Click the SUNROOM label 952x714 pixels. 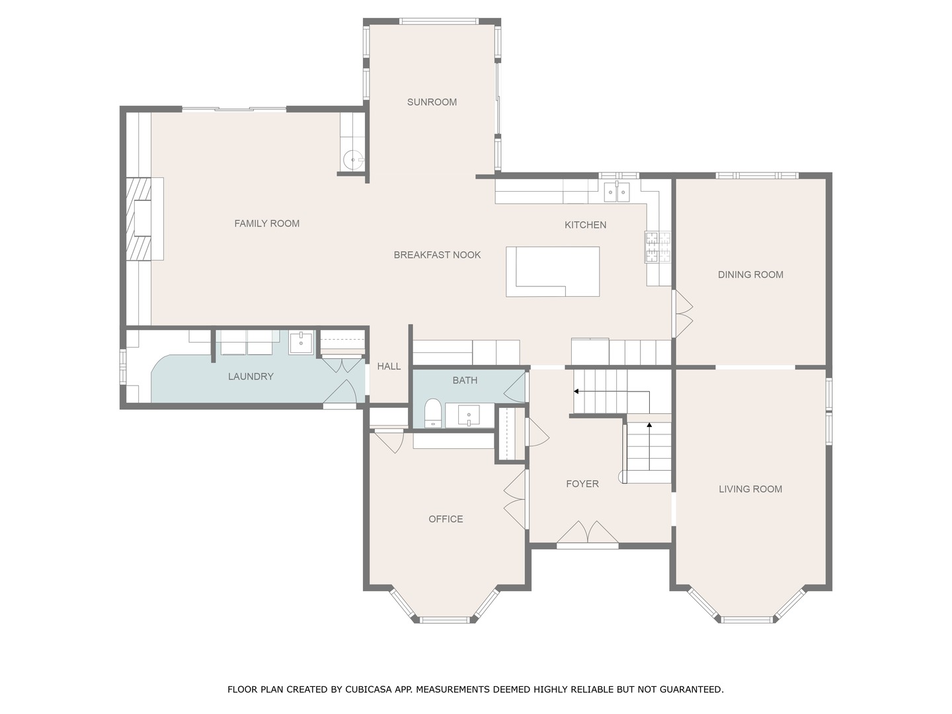(432, 102)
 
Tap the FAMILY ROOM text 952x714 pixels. (266, 223)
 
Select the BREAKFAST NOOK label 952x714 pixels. (437, 255)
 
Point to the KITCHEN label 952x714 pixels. (585, 225)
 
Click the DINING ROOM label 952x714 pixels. (750, 274)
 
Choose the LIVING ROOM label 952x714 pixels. (750, 489)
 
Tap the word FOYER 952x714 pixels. (582, 484)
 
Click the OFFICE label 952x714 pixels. (446, 519)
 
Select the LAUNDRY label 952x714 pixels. (251, 376)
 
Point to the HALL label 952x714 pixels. (389, 366)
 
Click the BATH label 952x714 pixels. (465, 380)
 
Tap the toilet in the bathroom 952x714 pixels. (432, 414)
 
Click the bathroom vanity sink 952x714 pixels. (469, 416)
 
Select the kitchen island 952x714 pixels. (553, 271)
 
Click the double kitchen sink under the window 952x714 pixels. (617, 192)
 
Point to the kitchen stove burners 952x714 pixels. (658, 247)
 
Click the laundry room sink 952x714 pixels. (301, 342)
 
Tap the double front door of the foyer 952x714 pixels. (587, 534)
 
